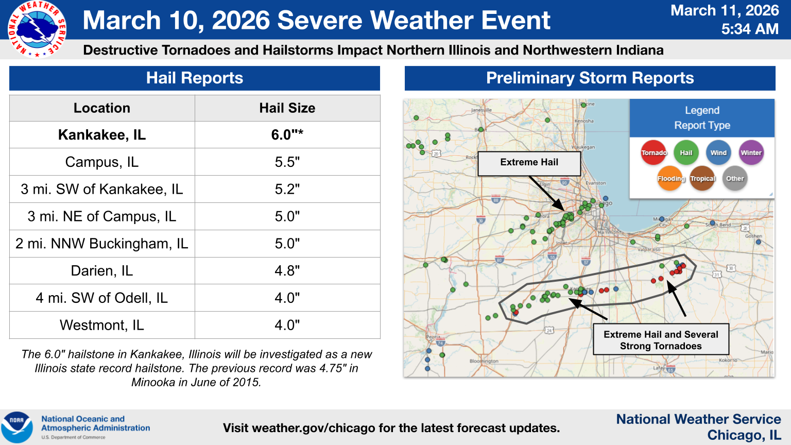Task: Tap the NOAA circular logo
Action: pyautogui.click(x=17, y=426)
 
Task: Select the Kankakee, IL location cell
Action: pyautogui.click(x=102, y=135)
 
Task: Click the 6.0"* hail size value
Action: pyautogui.click(x=287, y=135)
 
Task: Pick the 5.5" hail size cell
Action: pyautogui.click(x=287, y=162)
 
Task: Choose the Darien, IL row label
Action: pyautogui.click(x=102, y=271)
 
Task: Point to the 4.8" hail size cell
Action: pyautogui.click(x=287, y=271)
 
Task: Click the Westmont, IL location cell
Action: pyautogui.click(x=102, y=326)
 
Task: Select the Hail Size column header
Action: pyautogui.click(x=287, y=108)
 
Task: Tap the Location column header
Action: pyautogui.click(x=102, y=108)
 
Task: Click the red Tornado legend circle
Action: pyautogui.click(x=654, y=153)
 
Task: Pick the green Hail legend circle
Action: pyautogui.click(x=686, y=153)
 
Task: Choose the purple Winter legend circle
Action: pyautogui.click(x=751, y=153)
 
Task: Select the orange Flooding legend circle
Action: pyautogui.click(x=670, y=179)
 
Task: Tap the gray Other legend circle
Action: pyautogui.click(x=735, y=179)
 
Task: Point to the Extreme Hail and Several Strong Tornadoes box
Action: pyautogui.click(x=661, y=340)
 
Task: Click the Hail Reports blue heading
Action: pyautogui.click(x=195, y=78)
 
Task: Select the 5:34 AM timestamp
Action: pyautogui.click(x=750, y=29)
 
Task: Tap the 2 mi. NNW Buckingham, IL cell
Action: pyautogui.click(x=102, y=244)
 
